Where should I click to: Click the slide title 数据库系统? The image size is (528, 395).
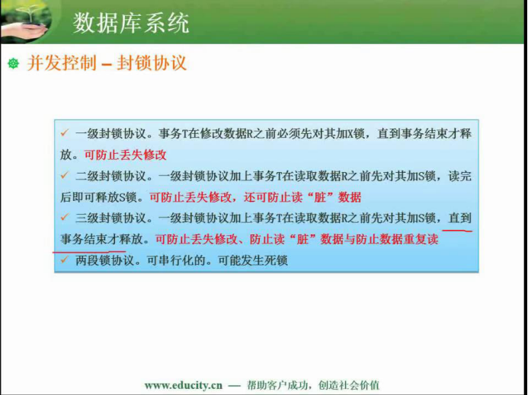click(x=130, y=23)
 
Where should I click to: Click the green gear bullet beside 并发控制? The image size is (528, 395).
click(x=14, y=63)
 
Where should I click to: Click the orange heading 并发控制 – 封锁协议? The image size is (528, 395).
click(x=107, y=63)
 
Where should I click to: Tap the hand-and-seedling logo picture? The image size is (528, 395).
click(x=26, y=21)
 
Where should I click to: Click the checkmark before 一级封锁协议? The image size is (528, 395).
click(x=65, y=133)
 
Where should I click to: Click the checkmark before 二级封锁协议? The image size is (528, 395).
click(x=65, y=175)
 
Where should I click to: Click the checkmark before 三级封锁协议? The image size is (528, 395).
click(x=65, y=218)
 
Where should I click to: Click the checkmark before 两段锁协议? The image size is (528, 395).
click(x=65, y=260)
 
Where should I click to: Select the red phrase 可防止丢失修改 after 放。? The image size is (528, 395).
click(x=125, y=154)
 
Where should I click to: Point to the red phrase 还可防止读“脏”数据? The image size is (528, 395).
click(x=302, y=197)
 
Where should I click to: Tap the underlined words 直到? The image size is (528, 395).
click(x=459, y=218)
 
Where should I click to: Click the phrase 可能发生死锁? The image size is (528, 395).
click(x=252, y=260)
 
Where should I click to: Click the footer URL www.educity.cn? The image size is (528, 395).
click(x=184, y=385)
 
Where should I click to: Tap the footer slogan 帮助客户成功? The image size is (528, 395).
click(x=277, y=385)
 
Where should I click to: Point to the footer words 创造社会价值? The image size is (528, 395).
click(x=349, y=385)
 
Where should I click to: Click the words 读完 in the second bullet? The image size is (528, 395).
click(x=459, y=176)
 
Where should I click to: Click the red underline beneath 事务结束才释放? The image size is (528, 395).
click(x=89, y=251)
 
